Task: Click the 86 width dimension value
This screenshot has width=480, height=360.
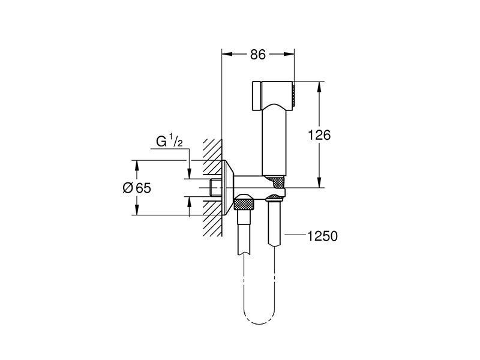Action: tap(258, 55)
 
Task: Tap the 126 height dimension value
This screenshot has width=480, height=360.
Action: tap(319, 134)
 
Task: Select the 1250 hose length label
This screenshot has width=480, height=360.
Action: tap(322, 236)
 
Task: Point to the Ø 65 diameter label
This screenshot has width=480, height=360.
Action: tap(137, 188)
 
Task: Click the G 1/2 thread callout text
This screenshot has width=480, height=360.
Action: tap(170, 141)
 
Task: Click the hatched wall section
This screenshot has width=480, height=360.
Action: tap(212, 187)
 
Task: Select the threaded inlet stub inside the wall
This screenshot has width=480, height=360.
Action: tap(216, 188)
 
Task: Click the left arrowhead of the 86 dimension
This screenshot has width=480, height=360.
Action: tap(226, 54)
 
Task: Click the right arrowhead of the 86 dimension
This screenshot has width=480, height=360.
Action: tap(289, 54)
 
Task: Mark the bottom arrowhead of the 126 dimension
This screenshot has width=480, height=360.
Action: tap(319, 182)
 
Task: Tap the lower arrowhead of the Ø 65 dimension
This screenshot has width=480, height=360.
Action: tap(137, 211)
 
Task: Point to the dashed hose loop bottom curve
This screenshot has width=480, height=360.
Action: tap(259, 319)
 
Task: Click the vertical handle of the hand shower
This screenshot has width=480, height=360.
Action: tap(275, 142)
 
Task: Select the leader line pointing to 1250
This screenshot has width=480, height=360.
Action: tap(295, 235)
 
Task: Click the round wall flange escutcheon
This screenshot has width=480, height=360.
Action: tap(228, 188)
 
